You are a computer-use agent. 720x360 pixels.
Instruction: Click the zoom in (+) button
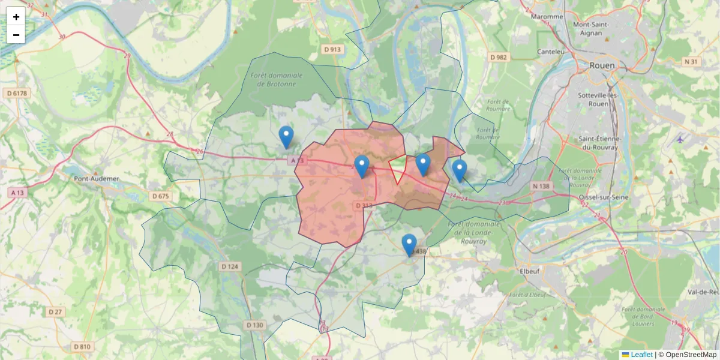[x=16, y=17]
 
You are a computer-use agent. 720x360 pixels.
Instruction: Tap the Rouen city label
[x=602, y=65]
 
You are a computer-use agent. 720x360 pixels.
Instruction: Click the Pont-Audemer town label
[x=96, y=178]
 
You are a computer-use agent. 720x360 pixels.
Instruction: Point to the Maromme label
[x=547, y=17]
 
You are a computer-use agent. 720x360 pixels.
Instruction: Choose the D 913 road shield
[x=331, y=49]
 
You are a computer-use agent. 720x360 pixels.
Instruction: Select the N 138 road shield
[x=541, y=187]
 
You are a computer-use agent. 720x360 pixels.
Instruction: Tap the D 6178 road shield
[x=17, y=93]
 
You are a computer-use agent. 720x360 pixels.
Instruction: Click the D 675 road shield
[x=161, y=196]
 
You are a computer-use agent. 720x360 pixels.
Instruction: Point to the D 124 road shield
[x=230, y=266]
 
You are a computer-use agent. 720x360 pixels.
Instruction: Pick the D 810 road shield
[x=82, y=347]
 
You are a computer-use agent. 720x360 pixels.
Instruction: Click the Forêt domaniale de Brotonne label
[x=276, y=80]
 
